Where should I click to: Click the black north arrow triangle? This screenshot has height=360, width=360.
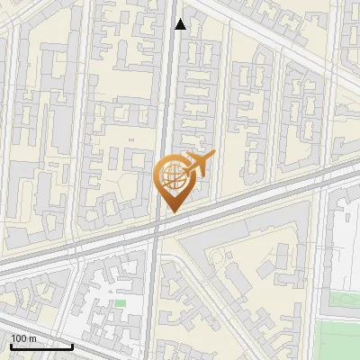pyautogui.click(x=181, y=24)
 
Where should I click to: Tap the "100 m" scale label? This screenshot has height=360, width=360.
pyautogui.click(x=23, y=338)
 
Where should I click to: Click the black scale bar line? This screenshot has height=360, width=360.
pyautogui.click(x=41, y=346)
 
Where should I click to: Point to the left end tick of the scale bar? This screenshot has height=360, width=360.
pyautogui.click(x=11, y=344)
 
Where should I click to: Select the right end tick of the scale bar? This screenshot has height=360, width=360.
pyautogui.click(x=72, y=344)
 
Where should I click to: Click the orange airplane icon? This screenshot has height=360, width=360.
pyautogui.click(x=196, y=166)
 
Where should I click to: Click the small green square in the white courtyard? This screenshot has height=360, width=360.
pyautogui.click(x=120, y=302)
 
